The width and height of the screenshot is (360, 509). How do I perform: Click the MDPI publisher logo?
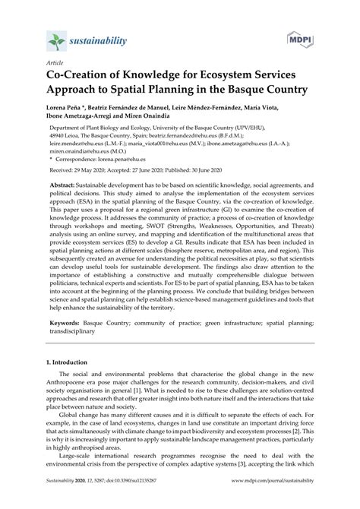(302, 38)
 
